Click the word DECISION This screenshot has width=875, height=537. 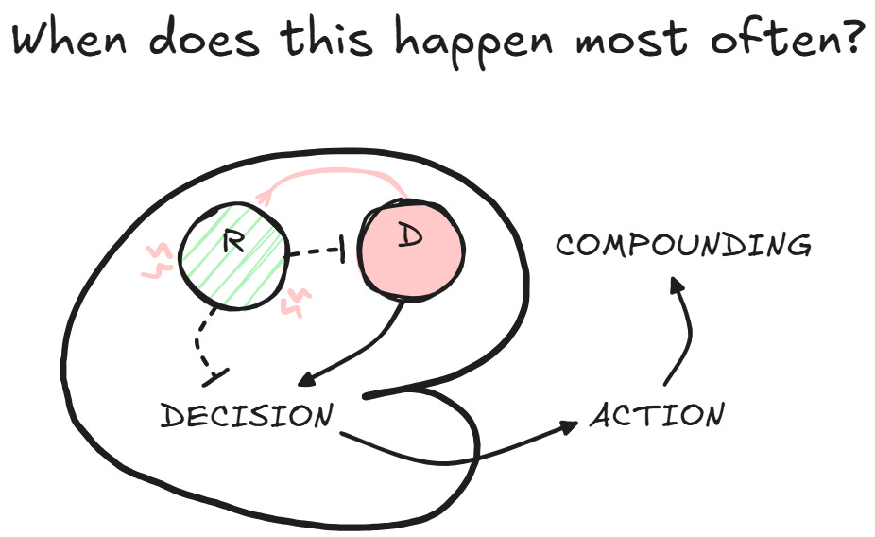[x=247, y=416]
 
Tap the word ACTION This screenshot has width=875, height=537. [x=658, y=415]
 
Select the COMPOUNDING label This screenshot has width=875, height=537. [x=682, y=246]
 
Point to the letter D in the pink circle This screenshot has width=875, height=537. [x=409, y=236]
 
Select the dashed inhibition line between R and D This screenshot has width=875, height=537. [x=315, y=253]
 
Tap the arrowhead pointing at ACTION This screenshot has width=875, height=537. [x=569, y=426]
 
